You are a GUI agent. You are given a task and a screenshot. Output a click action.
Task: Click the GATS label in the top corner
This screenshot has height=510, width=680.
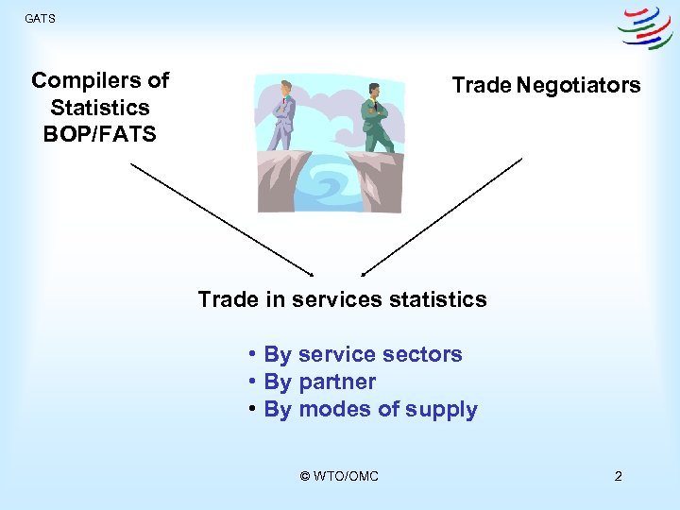[x=40, y=18]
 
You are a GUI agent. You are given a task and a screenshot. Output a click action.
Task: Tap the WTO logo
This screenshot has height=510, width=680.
[x=645, y=29]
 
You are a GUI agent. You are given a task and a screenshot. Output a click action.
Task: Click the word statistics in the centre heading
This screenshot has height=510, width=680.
[x=437, y=300]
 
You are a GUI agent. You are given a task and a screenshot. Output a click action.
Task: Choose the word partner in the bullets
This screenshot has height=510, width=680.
[x=337, y=382]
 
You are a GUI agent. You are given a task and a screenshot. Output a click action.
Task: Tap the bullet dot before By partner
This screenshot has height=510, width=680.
[x=254, y=382]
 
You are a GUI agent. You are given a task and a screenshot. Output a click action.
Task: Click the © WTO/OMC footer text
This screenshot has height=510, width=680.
[x=339, y=476]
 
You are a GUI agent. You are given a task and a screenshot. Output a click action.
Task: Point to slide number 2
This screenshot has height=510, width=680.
[x=618, y=476]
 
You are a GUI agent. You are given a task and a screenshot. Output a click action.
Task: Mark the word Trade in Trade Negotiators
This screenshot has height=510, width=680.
[x=481, y=85]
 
